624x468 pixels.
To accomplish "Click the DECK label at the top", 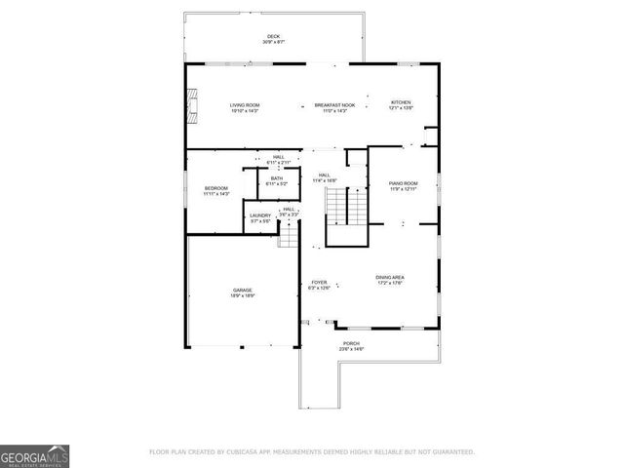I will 273,37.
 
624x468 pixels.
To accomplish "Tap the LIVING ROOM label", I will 244,104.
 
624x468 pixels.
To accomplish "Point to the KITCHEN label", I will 401,102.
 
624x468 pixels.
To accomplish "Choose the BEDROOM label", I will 215,187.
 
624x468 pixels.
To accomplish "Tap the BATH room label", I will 277,178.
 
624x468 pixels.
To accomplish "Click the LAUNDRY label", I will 259,215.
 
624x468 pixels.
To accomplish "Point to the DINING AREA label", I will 390,278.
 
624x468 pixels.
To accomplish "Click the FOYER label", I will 319,283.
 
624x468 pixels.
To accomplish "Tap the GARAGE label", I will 243,290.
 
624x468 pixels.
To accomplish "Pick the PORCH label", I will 351,343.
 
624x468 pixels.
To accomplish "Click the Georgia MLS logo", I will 34,455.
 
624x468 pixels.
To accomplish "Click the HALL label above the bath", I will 278,157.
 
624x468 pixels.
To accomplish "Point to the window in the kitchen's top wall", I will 406,64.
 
